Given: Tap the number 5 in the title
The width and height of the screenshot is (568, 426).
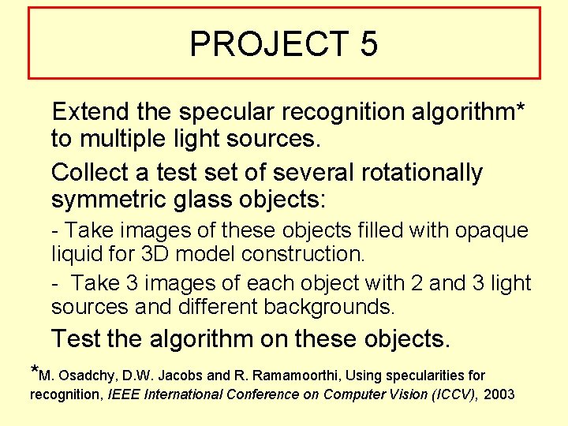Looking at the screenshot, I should coord(368,44).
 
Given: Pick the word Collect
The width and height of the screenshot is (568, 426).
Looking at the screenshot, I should coord(90,171).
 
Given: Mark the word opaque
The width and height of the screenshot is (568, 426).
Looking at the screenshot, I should coord(491,230).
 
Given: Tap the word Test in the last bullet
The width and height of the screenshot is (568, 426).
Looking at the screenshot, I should coord(77,338).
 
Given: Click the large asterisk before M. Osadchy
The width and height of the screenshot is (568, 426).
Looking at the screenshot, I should coord(34,371).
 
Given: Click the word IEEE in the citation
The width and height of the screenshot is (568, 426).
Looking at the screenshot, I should coord(121,393).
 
